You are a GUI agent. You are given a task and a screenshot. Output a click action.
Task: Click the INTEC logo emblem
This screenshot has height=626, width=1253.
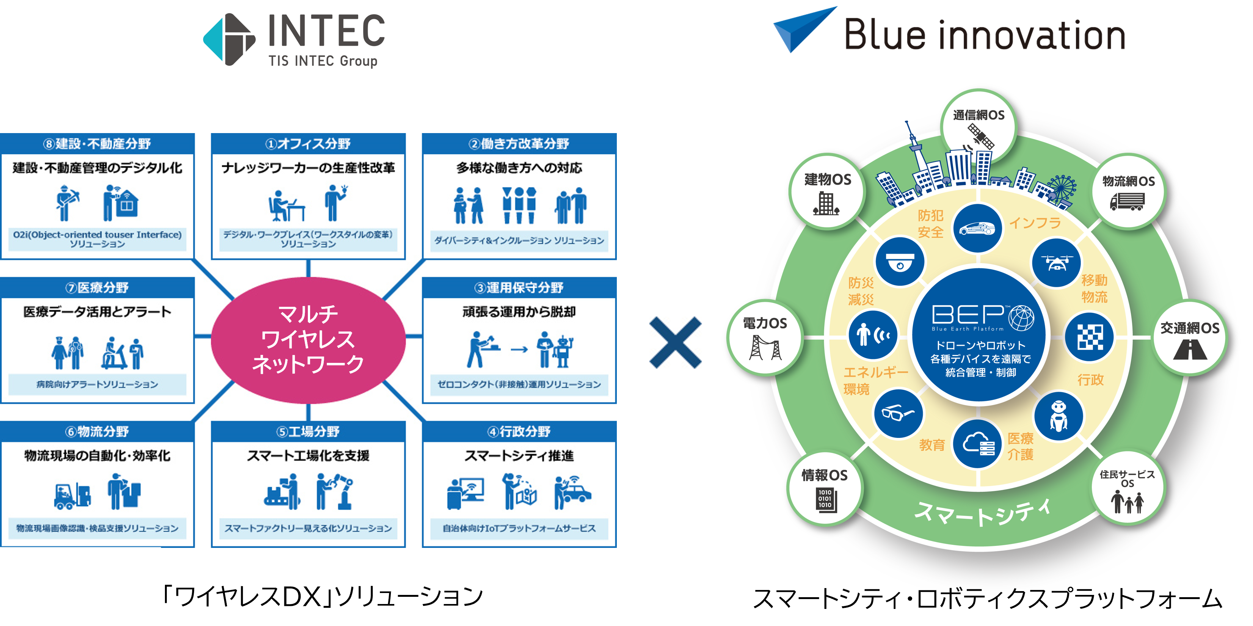[229, 39]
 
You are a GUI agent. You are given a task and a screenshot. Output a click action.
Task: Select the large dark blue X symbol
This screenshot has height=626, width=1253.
[675, 342]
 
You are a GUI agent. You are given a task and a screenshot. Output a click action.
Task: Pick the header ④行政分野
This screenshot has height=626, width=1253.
[519, 431]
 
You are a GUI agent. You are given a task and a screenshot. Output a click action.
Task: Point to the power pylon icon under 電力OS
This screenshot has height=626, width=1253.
[765, 347]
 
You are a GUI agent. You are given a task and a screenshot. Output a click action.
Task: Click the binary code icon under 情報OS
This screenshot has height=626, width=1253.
[825, 499]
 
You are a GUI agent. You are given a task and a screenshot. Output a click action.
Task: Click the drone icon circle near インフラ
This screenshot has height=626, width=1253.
[1056, 263]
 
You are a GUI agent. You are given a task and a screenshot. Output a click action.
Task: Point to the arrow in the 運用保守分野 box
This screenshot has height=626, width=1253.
[519, 349]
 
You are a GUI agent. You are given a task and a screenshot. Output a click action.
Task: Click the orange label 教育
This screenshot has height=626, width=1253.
[932, 445]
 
